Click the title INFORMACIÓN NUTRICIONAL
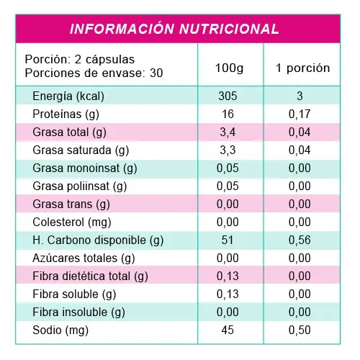click(x=174, y=29)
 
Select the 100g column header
click(x=229, y=68)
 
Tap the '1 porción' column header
click(x=303, y=68)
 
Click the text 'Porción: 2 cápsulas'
click(x=80, y=59)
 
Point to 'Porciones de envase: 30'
click(x=94, y=73)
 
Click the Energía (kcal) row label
click(x=68, y=96)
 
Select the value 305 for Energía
click(x=228, y=96)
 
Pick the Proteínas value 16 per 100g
click(x=228, y=114)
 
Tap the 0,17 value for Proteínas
click(x=300, y=114)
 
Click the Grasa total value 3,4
click(x=228, y=132)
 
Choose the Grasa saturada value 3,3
click(x=228, y=150)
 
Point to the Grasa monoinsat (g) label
click(x=85, y=168)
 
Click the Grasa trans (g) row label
click(x=71, y=204)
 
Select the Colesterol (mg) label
click(x=72, y=222)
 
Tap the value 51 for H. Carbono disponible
click(x=228, y=240)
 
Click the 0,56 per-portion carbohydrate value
click(x=300, y=240)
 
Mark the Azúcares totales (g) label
click(x=84, y=258)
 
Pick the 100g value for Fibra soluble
click(x=228, y=294)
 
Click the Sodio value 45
click(x=228, y=330)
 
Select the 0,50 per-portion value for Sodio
click(x=300, y=330)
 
